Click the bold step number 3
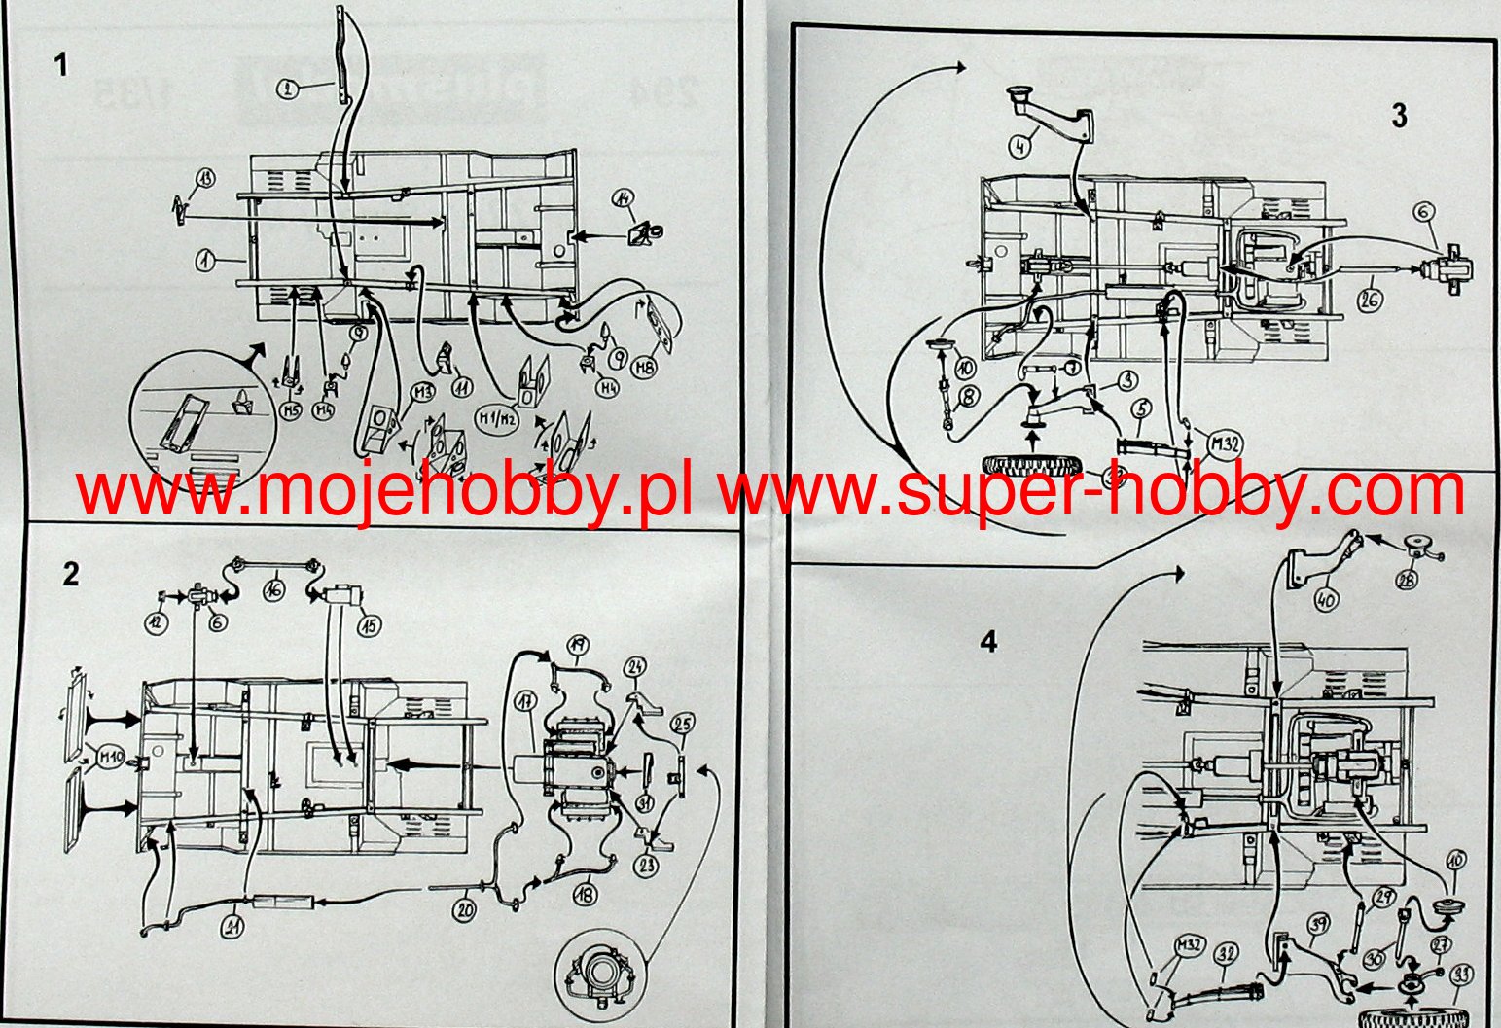point(1399,117)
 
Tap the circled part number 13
point(205,178)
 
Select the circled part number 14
point(624,199)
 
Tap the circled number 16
point(275,588)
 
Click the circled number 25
point(683,725)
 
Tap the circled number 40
point(1326,599)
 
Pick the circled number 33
point(1460,975)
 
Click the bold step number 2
point(70,574)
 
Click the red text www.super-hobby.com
point(1091,491)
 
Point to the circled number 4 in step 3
point(1019,148)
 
